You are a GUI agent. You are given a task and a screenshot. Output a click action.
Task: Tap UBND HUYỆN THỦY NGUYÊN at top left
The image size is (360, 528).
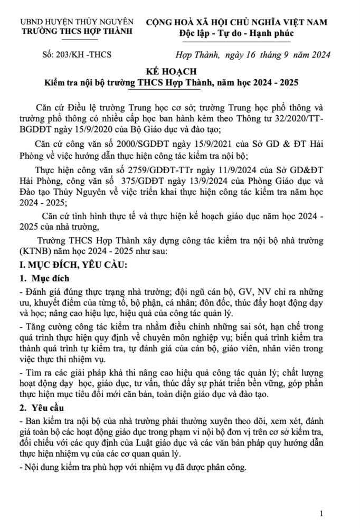77,22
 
